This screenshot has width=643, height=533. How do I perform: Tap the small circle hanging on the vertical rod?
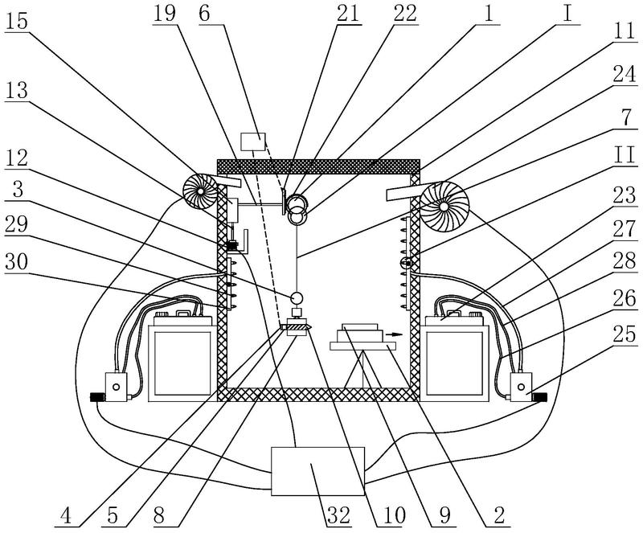[x=296, y=297]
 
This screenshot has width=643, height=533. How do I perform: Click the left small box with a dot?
[x=117, y=386]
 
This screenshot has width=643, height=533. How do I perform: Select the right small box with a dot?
[x=520, y=386]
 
